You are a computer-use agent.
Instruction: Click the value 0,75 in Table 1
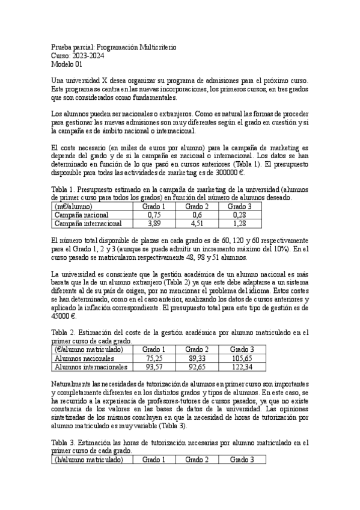(154, 215)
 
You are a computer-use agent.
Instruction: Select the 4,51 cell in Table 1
(197, 224)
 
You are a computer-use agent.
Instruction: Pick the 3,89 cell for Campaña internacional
(154, 224)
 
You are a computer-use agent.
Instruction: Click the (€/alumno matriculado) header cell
(89, 349)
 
